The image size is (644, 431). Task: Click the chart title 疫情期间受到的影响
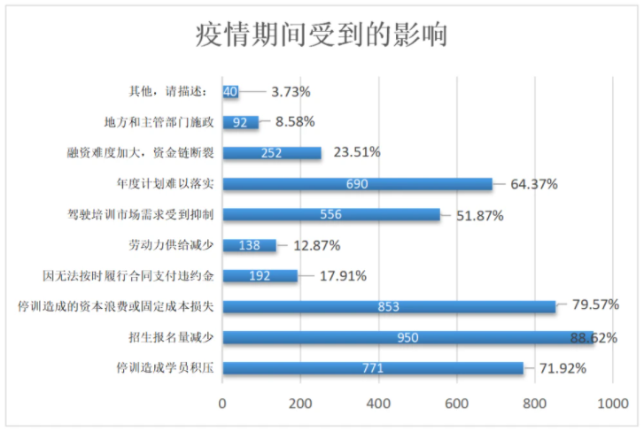coord(322,35)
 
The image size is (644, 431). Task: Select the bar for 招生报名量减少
coord(407,337)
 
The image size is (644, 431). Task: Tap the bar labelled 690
coord(357,184)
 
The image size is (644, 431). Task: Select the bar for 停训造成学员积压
coord(373,367)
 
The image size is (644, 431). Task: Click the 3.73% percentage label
coord(291,91)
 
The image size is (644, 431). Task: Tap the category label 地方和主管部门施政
coord(159,122)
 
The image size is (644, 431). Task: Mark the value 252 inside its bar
coord(271,153)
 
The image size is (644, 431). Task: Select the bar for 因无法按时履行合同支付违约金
coord(260,275)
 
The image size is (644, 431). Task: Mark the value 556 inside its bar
coord(330,214)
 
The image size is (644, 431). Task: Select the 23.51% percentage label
coord(357,152)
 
